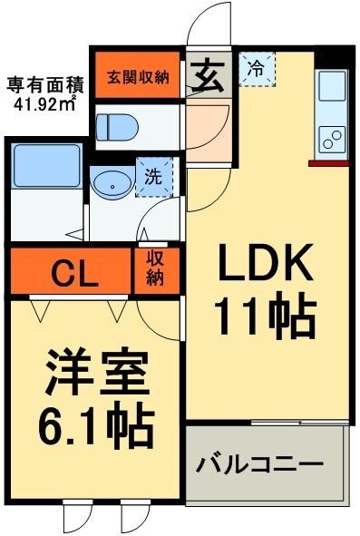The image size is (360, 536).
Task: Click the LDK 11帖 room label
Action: [x=264, y=292]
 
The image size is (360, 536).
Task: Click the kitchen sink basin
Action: [x=332, y=92]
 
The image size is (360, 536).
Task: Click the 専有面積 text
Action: [x=45, y=86]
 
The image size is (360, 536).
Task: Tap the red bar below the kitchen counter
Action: [x=327, y=164]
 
